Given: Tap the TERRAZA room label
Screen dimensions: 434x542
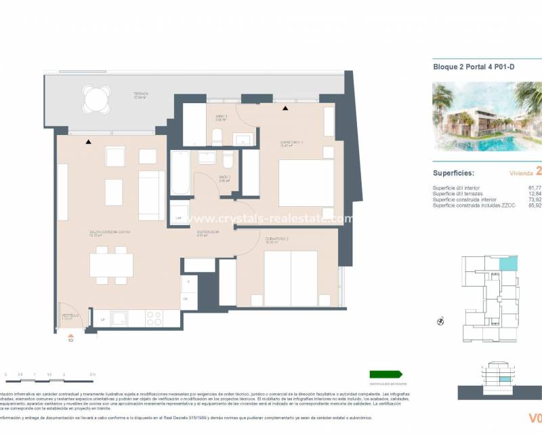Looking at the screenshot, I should coord(141,94).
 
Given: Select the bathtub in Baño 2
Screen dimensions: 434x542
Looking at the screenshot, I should coord(180,174).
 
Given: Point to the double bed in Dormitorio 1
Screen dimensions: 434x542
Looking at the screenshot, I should coord(306,182).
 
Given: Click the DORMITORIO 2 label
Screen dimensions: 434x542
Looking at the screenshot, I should coord(273,239).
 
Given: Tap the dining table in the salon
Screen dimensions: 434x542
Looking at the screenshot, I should coord(111,264).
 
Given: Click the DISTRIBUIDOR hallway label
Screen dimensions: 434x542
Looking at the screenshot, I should coord(207,232).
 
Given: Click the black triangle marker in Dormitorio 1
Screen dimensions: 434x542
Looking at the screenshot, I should coord(285,108).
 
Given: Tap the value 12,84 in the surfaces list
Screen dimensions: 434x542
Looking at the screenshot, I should coord(535,193).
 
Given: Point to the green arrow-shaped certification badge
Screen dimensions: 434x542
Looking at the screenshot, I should coord(385,374).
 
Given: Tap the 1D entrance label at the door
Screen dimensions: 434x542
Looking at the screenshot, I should coord(70,340).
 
